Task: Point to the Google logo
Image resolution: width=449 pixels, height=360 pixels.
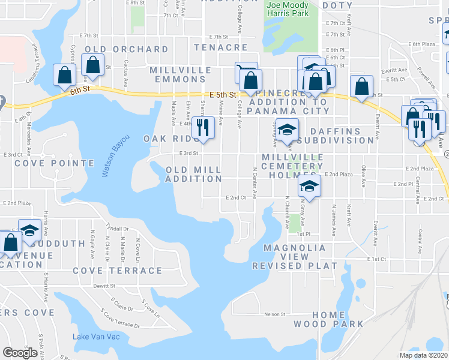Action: (20, 353)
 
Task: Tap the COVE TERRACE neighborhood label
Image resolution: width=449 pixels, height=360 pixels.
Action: (117, 271)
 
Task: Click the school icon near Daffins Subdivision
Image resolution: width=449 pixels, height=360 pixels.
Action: (288, 130)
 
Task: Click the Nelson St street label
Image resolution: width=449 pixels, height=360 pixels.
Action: (273, 314)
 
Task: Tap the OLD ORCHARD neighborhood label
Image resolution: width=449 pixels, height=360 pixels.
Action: (127, 49)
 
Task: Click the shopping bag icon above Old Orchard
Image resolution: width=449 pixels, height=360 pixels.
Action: (93, 65)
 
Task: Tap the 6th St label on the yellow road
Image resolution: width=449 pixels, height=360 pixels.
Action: (79, 89)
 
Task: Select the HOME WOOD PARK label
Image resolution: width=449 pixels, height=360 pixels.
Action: (328, 319)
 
